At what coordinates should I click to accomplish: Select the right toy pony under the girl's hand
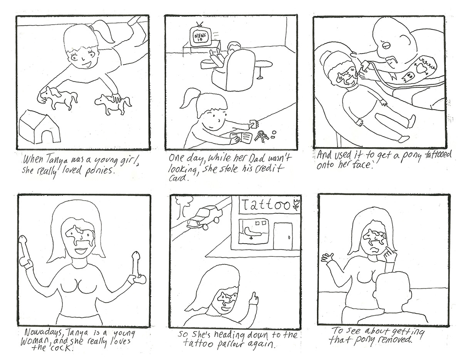tap(113, 104)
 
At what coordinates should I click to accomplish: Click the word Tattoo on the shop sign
tap(267, 206)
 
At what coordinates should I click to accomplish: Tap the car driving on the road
tap(204, 217)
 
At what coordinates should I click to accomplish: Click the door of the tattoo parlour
tap(283, 236)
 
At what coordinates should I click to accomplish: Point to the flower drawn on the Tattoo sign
tap(297, 204)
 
